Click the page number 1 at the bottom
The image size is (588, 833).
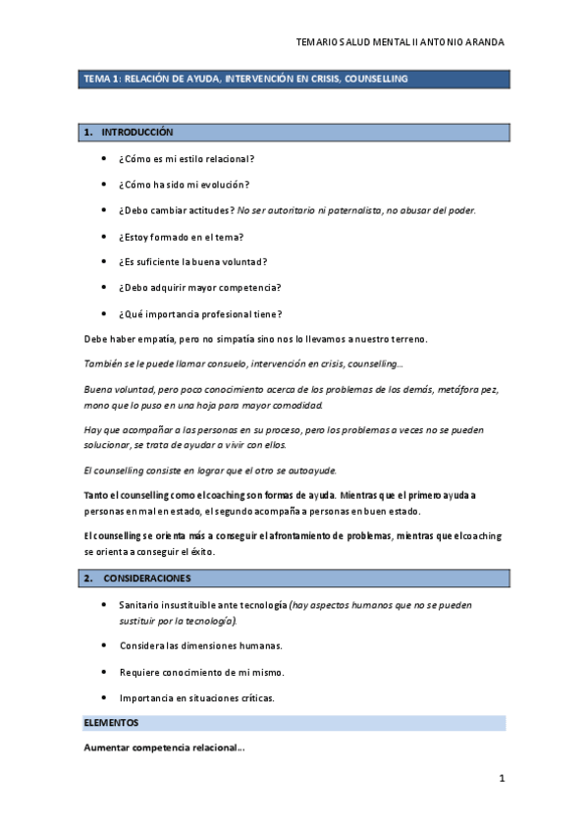point(501,779)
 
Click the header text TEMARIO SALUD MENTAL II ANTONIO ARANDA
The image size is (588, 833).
point(401,43)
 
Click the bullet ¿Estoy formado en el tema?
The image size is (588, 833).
point(180,237)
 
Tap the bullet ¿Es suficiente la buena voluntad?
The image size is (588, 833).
point(192,262)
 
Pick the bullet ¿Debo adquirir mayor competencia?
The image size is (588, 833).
point(199,288)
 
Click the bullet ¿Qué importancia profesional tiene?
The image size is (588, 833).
point(200,314)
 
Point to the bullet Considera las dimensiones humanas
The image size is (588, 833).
point(200,645)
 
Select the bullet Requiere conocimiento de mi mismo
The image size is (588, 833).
point(201,672)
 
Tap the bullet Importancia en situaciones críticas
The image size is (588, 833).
point(196,697)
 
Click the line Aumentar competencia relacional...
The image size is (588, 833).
point(164,749)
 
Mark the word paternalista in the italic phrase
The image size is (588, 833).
point(361,210)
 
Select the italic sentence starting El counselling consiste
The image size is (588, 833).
point(210,471)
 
